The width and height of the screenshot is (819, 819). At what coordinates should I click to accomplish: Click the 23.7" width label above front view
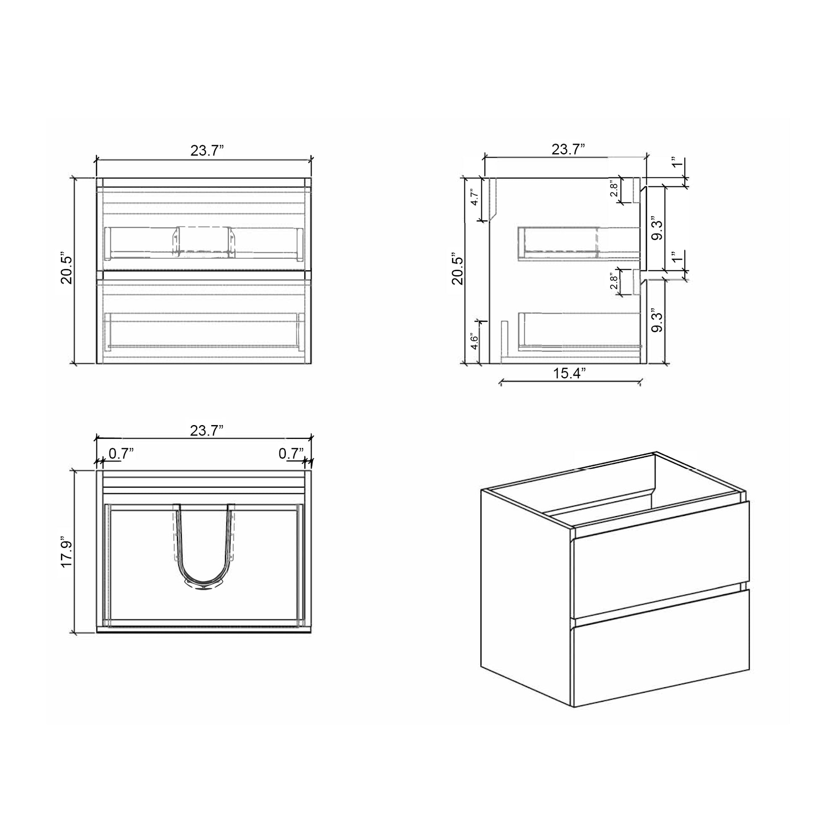tap(207, 151)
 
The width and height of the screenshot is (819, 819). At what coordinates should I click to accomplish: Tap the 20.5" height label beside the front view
tap(67, 270)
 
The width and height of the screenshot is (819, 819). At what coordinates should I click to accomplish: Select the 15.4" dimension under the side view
tap(569, 373)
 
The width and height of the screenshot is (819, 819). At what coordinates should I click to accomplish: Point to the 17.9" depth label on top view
tap(67, 553)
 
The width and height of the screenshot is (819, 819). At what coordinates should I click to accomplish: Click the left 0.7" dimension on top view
tap(121, 454)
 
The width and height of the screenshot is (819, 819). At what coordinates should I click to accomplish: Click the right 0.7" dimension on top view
tap(291, 454)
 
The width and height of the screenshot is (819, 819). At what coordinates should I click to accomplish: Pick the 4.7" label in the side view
tap(475, 197)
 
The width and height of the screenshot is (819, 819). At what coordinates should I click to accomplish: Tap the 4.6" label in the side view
tap(475, 343)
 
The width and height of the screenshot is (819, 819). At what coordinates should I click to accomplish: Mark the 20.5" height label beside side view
tap(458, 270)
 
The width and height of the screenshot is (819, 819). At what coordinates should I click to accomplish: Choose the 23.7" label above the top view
tap(207, 431)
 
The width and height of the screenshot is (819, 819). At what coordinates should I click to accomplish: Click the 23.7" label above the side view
tap(568, 150)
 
